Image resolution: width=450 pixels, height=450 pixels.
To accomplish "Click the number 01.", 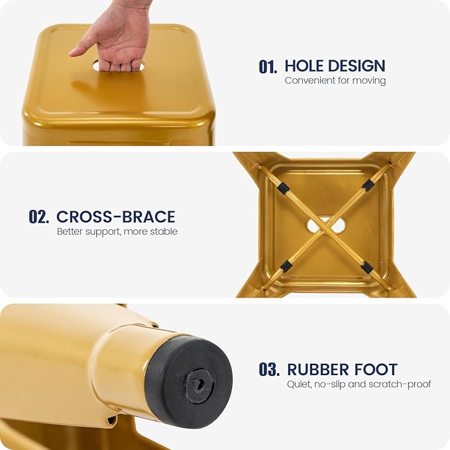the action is [268, 66].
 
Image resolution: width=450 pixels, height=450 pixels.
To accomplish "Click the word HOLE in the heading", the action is [303, 66].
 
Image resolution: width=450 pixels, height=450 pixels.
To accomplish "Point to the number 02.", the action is [38, 217].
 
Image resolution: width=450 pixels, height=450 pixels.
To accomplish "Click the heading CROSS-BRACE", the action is [116, 217].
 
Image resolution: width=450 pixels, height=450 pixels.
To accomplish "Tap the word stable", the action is [164, 231].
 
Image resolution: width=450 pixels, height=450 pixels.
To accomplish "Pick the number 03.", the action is [269, 369].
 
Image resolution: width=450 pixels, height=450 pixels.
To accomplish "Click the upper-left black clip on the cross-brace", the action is [283, 190].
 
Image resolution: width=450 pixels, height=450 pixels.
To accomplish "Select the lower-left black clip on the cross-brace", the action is [286, 266].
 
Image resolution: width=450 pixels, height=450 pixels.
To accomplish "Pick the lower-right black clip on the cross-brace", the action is [367, 267].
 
